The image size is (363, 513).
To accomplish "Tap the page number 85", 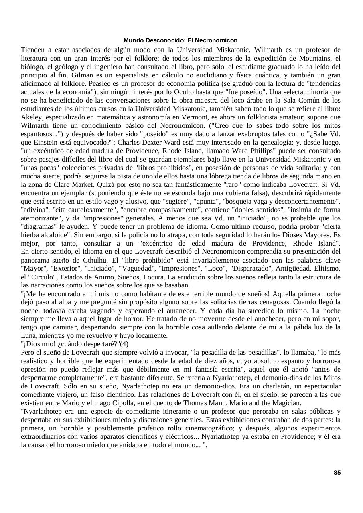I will click(337, 473).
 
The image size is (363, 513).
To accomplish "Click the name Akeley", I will click(32, 117).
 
